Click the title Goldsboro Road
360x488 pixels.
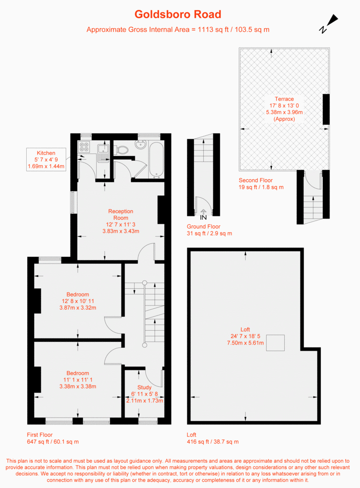coord(178,14)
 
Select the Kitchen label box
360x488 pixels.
coord(46,160)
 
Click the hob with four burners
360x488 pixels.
coord(84,147)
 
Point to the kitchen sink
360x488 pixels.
coord(103,153)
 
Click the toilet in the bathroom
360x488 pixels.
coord(121,150)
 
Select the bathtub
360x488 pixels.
coord(156,160)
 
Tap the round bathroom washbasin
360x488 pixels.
coord(141,144)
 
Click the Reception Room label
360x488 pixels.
coord(120,214)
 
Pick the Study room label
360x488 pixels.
coord(144,387)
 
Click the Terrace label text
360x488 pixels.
coord(284,99)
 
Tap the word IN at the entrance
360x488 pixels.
coord(203,217)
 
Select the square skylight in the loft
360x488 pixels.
coord(275,343)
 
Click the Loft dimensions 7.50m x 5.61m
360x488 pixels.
coord(245,343)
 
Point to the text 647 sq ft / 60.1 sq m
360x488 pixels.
coord(53,442)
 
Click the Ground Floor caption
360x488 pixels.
coord(203,226)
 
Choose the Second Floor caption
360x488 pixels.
coord(256,180)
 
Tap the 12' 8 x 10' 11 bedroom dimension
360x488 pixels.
coord(78,301)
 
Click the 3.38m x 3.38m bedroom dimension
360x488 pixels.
coord(78,386)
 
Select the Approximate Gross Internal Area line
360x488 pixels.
coord(178,30)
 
